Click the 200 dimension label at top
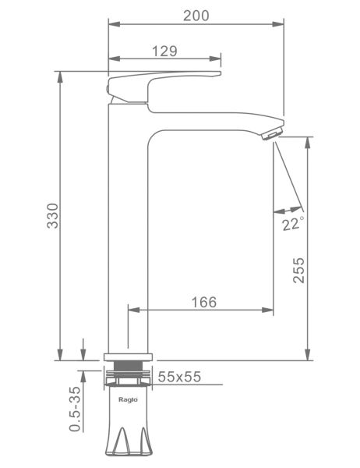[x=196, y=16]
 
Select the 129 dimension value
[x=164, y=51]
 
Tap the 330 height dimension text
[x=52, y=216]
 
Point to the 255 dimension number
[x=298, y=270]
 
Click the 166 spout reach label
[x=204, y=302]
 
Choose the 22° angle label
[x=293, y=223]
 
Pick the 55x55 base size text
[x=179, y=377]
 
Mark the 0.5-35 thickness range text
[x=75, y=409]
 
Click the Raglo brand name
[x=129, y=399]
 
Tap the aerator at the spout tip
[x=271, y=133]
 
